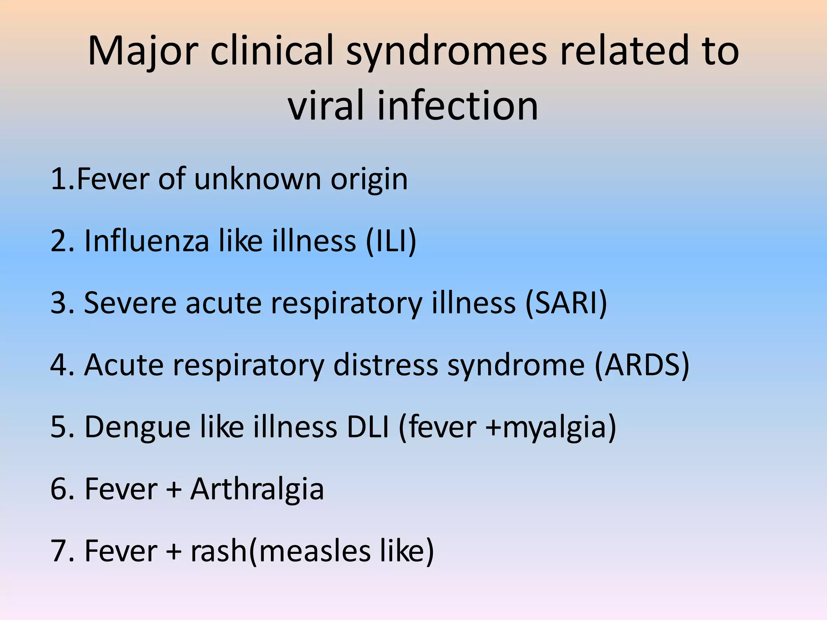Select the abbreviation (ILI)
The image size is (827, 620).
pos(391,241)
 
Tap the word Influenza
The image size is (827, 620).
pos(146,241)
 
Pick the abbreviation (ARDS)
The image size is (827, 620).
pos(642,365)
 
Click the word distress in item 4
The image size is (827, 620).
pos(386,365)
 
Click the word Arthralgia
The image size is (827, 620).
pos(257,490)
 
